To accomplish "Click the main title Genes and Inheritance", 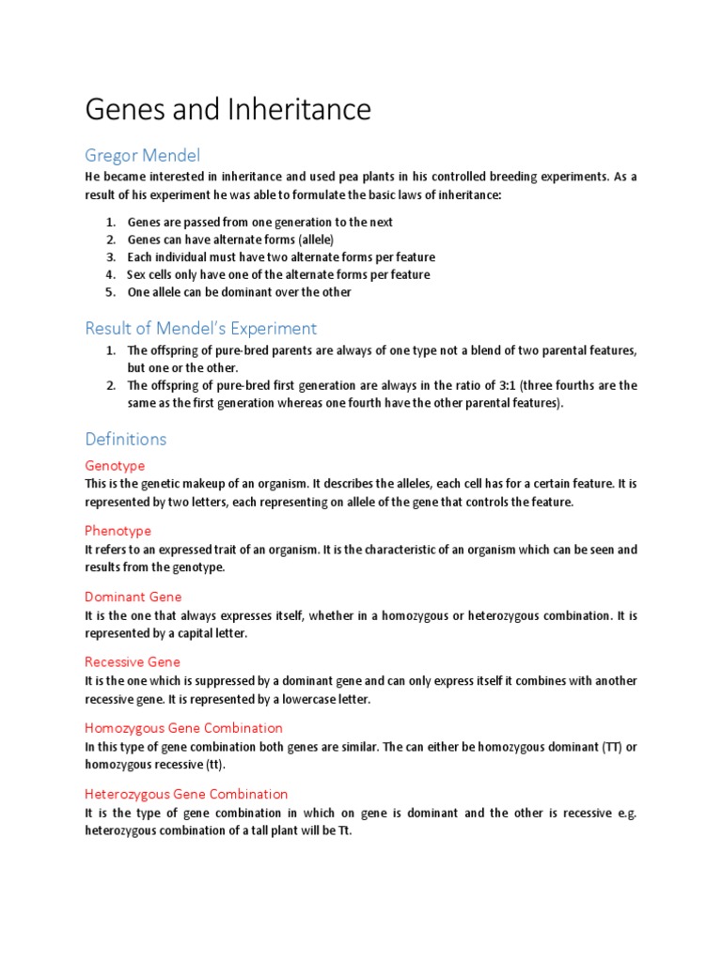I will coord(228,110).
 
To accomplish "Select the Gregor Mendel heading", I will coord(142,155).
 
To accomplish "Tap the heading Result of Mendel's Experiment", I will coord(200,328).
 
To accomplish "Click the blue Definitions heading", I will coord(125,439).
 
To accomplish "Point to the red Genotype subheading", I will coord(115,466).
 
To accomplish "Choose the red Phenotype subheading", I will coord(118,531).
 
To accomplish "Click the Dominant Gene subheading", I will coord(133,597).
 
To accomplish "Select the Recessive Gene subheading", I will coord(133,662).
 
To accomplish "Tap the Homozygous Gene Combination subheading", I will coord(183,728).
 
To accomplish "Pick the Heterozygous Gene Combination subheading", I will coord(186,794).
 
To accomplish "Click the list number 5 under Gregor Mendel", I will coord(109,292).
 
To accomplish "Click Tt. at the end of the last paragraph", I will coord(342,831).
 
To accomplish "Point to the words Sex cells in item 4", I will coord(154,274).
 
